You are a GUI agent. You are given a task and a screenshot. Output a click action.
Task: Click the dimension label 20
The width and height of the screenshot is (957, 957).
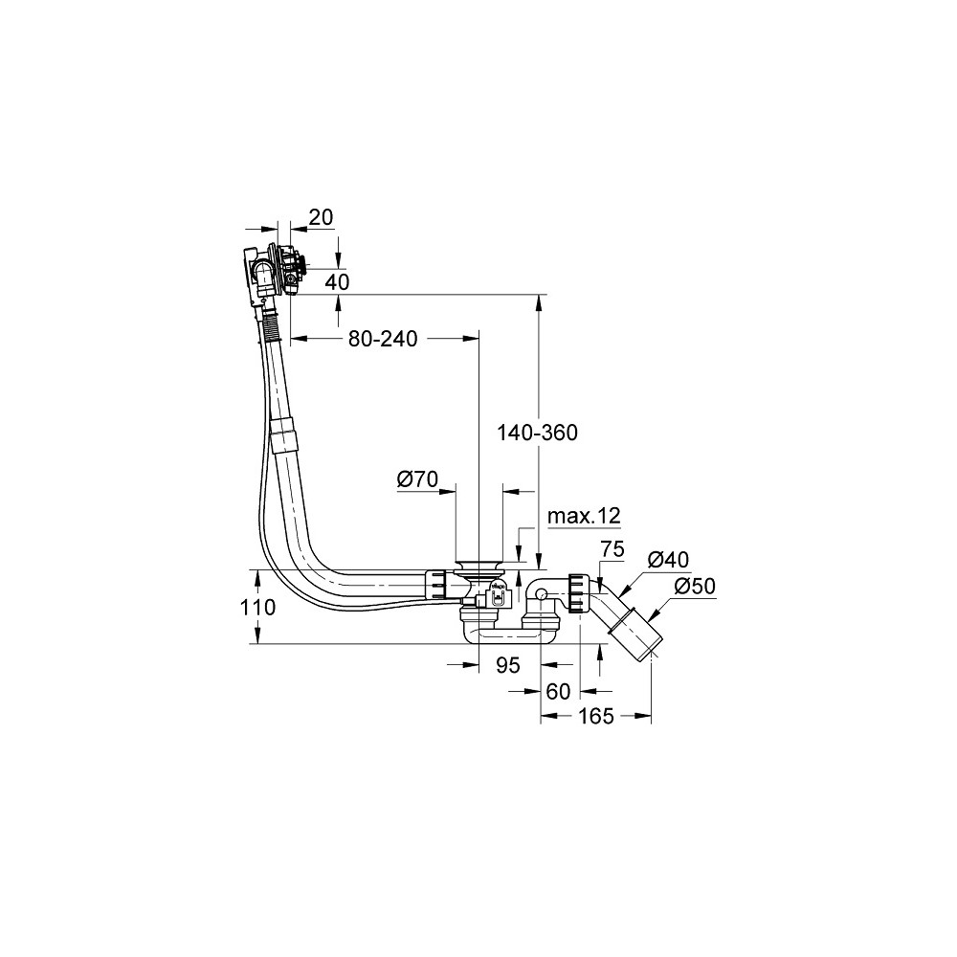[x=322, y=217]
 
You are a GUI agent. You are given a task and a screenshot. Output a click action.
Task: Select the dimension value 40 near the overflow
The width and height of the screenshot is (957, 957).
[x=337, y=282]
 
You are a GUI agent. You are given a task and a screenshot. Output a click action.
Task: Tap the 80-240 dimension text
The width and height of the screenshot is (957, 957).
[x=383, y=339]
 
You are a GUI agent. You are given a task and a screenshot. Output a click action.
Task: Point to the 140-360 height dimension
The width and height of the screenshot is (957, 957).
[x=537, y=433]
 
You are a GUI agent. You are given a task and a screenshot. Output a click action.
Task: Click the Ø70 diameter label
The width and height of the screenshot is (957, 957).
[x=417, y=479]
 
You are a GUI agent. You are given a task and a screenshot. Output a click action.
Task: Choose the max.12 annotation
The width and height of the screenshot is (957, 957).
[x=584, y=517]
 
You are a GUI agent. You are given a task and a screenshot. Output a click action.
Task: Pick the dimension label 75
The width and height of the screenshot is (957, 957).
[x=612, y=549]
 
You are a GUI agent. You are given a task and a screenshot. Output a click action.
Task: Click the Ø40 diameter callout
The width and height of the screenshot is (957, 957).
[x=668, y=559]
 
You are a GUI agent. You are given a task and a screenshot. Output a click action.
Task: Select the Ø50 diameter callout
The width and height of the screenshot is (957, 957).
[x=695, y=587]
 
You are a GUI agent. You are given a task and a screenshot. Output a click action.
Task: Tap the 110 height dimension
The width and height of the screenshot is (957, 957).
[x=258, y=608]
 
